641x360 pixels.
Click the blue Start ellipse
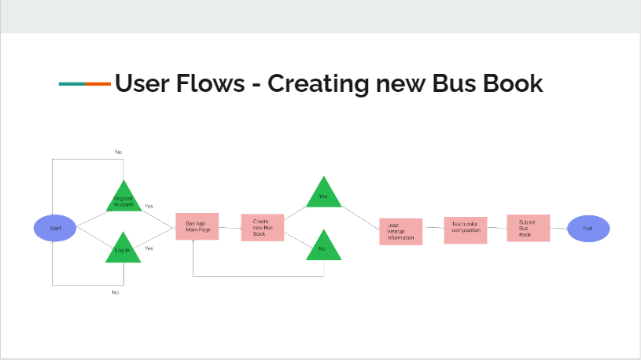[x=55, y=228]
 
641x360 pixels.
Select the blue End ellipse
[x=588, y=228]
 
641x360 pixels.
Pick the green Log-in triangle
[x=123, y=249]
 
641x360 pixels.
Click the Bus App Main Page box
[x=197, y=226]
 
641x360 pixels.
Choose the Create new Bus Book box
[x=262, y=228]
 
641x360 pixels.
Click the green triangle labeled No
[x=322, y=248]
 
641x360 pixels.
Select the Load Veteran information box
[x=400, y=231]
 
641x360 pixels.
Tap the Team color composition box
[x=466, y=230]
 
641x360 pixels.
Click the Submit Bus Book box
[x=527, y=228]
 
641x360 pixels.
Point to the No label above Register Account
[x=118, y=152]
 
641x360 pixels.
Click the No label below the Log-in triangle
[x=115, y=292]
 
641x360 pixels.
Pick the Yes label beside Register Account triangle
[x=149, y=206]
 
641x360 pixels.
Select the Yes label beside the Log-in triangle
[x=149, y=248]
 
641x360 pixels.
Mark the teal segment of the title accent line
[x=72, y=83]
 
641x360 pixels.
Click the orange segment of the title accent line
[x=98, y=83]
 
